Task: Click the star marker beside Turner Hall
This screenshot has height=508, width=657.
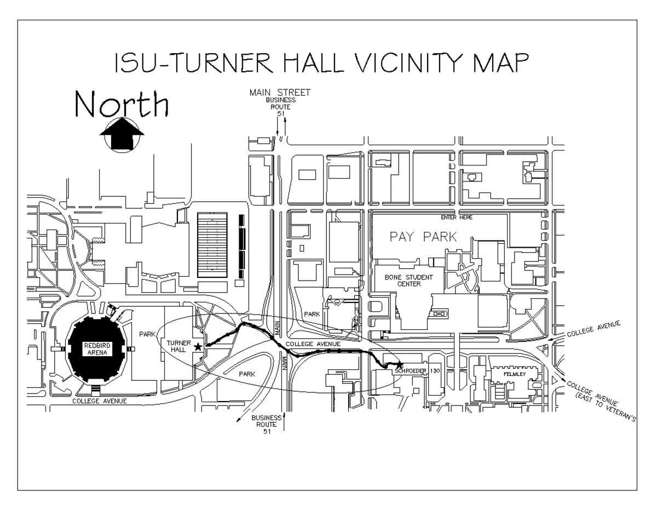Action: pyautogui.click(x=197, y=346)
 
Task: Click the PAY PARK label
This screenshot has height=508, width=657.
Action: pyautogui.click(x=423, y=237)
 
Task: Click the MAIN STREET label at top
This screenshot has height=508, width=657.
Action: pyautogui.click(x=280, y=92)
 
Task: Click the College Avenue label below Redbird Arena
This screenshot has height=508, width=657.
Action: pyautogui.click(x=100, y=401)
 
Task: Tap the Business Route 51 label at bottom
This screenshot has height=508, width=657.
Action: pyautogui.click(x=267, y=424)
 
